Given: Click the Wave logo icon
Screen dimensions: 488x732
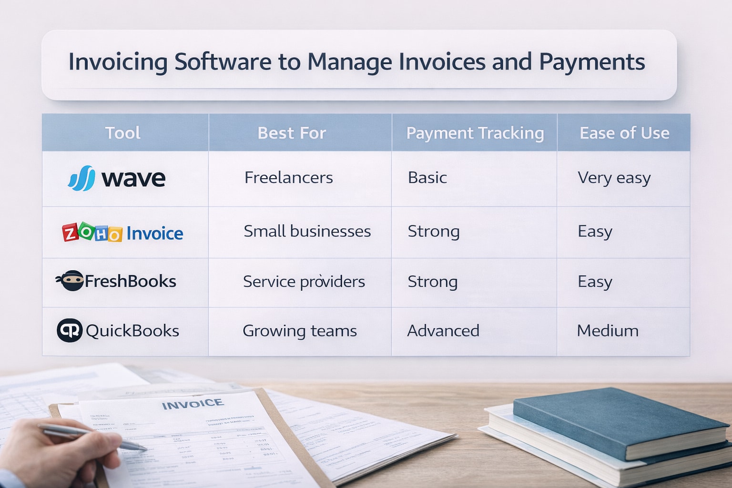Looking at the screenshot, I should point(81,178).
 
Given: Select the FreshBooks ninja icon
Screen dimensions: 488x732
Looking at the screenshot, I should point(70,281).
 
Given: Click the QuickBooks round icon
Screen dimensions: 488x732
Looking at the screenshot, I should point(70,330).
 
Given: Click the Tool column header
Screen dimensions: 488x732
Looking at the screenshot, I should point(122,133).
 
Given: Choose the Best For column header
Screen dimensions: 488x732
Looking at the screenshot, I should point(292,133).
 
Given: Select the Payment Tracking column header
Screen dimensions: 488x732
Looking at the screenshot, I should point(475,133).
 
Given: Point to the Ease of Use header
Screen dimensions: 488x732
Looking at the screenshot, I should point(624,133).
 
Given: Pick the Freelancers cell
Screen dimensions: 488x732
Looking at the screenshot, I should point(288,178).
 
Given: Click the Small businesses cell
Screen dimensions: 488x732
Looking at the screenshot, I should point(307,232).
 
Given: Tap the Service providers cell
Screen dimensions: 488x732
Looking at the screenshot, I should point(304,282).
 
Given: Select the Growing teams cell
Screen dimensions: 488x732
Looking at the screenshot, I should point(299,331).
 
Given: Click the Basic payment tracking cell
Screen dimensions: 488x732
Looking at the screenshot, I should point(427,178).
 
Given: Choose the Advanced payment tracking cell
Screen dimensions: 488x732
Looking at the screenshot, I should point(443,331).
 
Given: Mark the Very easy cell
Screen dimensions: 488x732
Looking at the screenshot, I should point(614,178).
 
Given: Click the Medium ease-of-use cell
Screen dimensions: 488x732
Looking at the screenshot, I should point(608,331).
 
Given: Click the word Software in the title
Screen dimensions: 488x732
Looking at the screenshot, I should point(237,62).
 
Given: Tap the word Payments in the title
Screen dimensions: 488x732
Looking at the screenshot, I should point(592,62).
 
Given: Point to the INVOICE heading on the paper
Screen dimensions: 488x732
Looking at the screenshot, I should point(193,404).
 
